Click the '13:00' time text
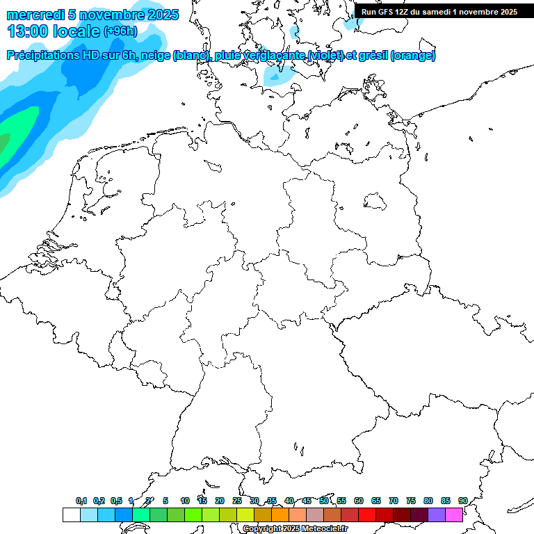pyautogui.click(x=28, y=31)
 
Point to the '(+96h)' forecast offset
pyautogui.click(x=120, y=31)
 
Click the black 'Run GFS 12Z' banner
pyautogui.click(x=439, y=12)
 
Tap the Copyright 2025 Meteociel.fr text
pyautogui.click(x=296, y=529)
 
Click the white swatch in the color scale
pyautogui.click(x=71, y=515)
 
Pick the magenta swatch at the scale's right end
pyautogui.click(x=454, y=515)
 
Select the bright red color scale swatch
pyautogui.click(x=367, y=515)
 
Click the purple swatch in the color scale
pyautogui.click(x=437, y=515)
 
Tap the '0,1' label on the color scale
pyautogui.click(x=81, y=501)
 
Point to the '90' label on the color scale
pyautogui.click(x=462, y=501)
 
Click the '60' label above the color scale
pyautogui.click(x=359, y=501)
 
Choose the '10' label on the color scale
pyautogui.click(x=185, y=501)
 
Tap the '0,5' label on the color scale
pyautogui.click(x=116, y=501)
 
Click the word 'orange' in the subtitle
pyautogui.click(x=414, y=56)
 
